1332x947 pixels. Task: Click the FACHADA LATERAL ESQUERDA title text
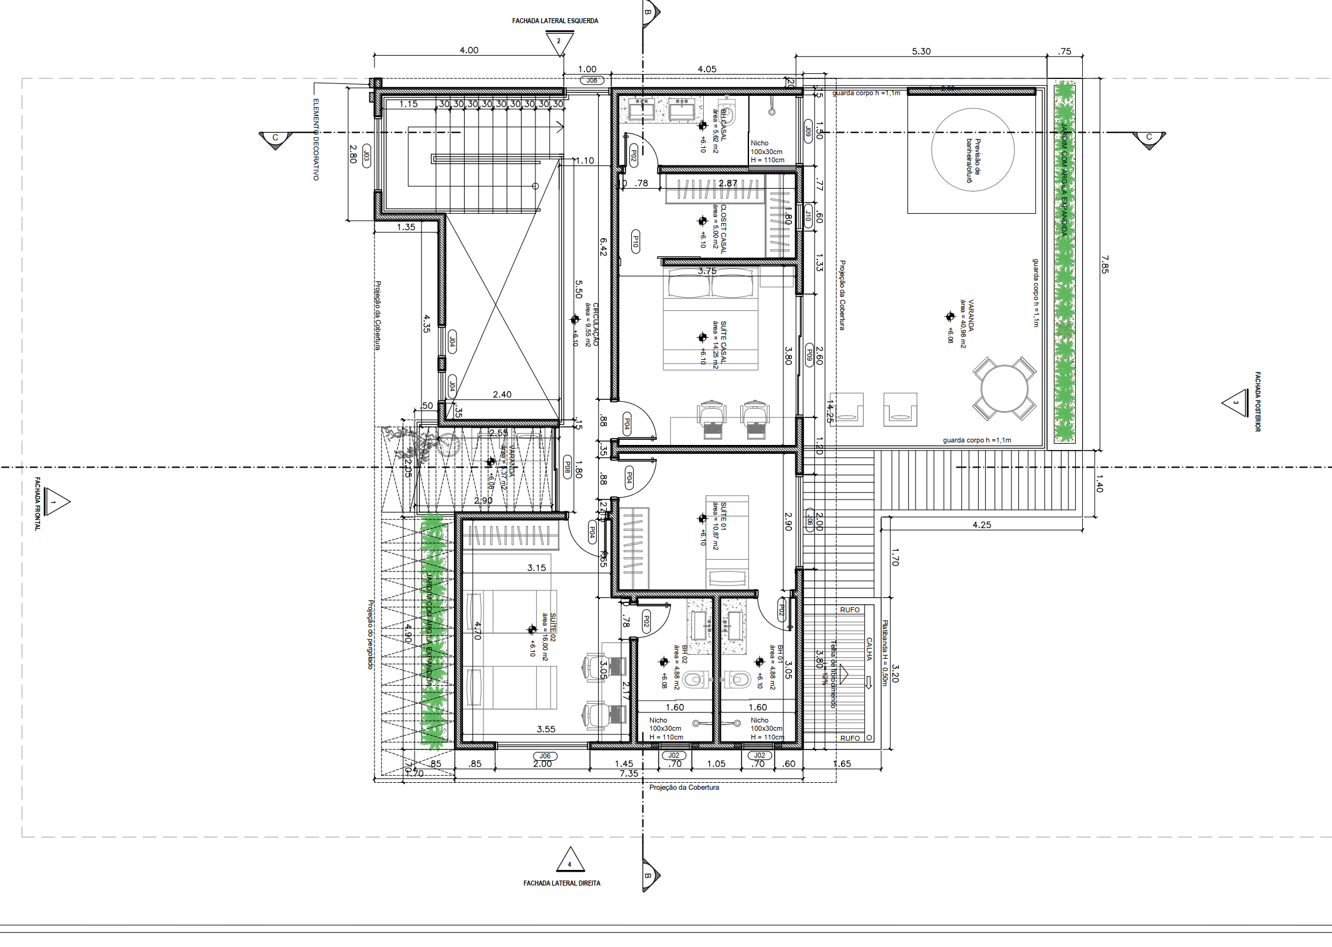tap(555, 21)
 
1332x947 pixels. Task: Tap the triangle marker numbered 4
tap(570, 861)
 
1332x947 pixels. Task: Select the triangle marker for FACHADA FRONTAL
tap(56, 501)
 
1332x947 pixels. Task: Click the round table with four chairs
tap(1004, 389)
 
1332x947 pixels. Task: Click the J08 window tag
tap(591, 80)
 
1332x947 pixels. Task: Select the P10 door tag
tap(636, 242)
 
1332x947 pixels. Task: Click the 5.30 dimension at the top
tap(921, 51)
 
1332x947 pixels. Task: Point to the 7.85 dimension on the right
tap(1105, 264)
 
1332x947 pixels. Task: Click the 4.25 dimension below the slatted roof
tap(981, 525)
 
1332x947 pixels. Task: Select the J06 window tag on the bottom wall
tap(545, 756)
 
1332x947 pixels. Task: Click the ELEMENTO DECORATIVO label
tap(316, 139)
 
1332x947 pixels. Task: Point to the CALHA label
tap(869, 649)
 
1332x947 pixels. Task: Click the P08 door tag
tap(567, 468)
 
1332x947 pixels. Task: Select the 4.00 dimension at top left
tap(468, 50)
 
